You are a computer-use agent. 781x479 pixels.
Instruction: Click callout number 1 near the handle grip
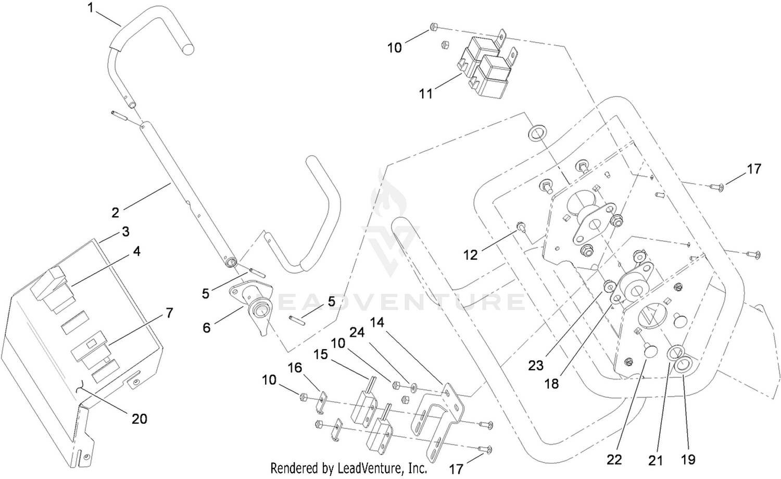tap(91, 8)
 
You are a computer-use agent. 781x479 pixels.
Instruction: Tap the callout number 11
tap(426, 94)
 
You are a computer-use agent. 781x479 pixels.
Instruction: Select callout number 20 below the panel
tap(140, 419)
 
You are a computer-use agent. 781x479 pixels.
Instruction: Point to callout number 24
tap(357, 333)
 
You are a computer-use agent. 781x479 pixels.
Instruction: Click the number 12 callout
tap(470, 255)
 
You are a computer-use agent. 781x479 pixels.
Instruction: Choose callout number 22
tap(614, 460)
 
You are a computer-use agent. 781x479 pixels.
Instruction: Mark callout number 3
tap(125, 231)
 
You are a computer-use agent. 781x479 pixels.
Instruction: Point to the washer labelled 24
tap(413, 387)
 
